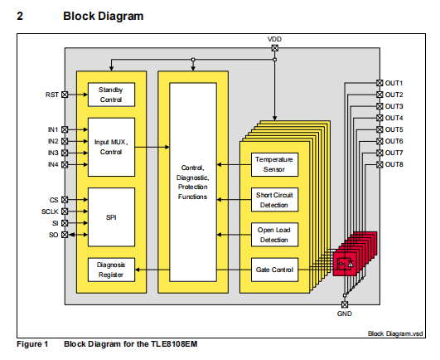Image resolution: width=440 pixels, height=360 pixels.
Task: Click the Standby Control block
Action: point(111,95)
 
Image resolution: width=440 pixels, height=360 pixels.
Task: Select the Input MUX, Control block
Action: point(111,147)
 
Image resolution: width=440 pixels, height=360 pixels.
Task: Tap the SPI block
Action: point(111,217)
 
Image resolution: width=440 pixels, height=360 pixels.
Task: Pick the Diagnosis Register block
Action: point(111,270)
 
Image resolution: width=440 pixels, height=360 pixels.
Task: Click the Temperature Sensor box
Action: point(274,164)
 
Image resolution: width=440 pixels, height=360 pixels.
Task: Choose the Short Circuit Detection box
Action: point(274,200)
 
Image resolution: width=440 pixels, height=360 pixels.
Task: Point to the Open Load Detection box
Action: point(274,235)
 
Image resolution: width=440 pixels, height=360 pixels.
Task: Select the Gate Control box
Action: point(274,270)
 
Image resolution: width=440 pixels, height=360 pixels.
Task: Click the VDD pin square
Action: point(275,48)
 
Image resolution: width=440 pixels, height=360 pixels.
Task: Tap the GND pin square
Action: point(345,304)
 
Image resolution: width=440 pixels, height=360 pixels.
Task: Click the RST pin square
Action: point(65,95)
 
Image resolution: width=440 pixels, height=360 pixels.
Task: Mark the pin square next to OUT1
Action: point(380,83)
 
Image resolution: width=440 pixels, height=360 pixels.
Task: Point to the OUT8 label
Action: point(394,164)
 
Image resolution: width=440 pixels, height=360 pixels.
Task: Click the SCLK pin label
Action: point(50,212)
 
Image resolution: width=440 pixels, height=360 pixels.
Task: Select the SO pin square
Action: point(65,235)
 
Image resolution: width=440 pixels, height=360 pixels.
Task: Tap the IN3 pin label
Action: point(53,153)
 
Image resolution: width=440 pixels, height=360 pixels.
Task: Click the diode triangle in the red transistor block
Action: point(351,264)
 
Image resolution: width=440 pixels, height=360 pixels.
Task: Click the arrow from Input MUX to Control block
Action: point(152,147)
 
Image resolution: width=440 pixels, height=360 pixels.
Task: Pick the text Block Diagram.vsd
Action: point(395,333)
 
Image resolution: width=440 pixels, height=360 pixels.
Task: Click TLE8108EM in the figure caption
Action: point(174,344)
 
